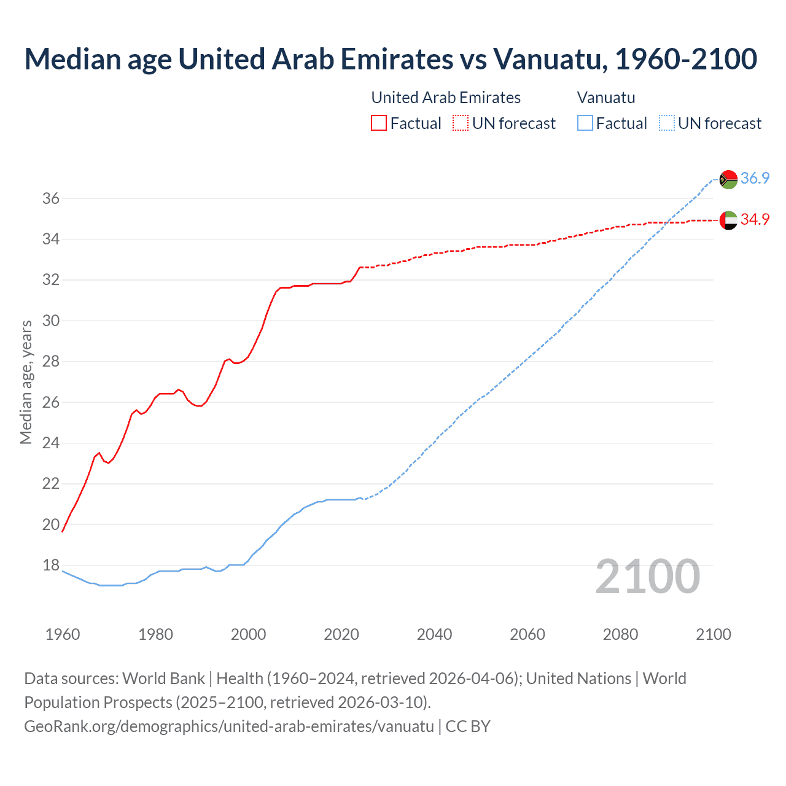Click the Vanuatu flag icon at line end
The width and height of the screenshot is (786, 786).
click(728, 179)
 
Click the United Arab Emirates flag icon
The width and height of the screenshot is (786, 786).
click(728, 220)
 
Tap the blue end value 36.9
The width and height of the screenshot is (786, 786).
click(755, 179)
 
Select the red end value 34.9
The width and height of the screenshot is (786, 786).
click(755, 220)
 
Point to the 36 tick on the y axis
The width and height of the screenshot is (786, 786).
click(50, 198)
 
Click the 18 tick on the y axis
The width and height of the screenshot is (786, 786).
click(50, 565)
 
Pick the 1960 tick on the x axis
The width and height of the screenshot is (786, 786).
click(63, 634)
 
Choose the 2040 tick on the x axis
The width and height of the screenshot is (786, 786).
click(434, 634)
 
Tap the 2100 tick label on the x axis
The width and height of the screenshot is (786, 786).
click(713, 634)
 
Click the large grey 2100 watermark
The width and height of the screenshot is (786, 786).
click(647, 577)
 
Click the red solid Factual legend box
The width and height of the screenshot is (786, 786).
click(379, 123)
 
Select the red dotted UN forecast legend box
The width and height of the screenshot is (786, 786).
click(461, 123)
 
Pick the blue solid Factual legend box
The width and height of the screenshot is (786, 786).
click(585, 123)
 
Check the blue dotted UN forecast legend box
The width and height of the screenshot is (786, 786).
click(666, 123)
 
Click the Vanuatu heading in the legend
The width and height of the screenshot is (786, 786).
click(605, 98)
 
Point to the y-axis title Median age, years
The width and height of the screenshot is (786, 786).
click(26, 382)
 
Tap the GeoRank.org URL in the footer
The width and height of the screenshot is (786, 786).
click(228, 726)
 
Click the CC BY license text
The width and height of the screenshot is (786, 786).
click(468, 726)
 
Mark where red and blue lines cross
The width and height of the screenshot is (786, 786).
click(669, 222)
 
